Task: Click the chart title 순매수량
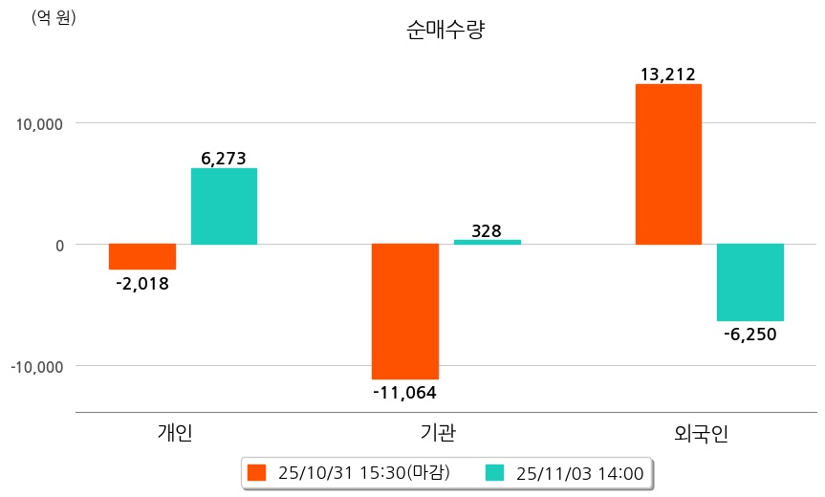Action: click(445, 31)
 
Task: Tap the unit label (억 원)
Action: click(54, 17)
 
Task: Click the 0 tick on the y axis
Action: click(58, 245)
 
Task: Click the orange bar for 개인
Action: click(142, 256)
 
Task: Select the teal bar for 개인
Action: click(224, 206)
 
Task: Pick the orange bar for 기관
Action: click(405, 311)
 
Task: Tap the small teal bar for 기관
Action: click(487, 242)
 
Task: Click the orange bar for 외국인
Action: click(668, 164)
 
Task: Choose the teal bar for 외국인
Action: click(750, 282)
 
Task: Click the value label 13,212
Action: click(668, 75)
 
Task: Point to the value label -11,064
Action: click(405, 391)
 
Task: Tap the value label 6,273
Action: click(224, 159)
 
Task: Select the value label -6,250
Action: click(750, 334)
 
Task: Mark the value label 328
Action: click(487, 230)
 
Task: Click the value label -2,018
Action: click(142, 283)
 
